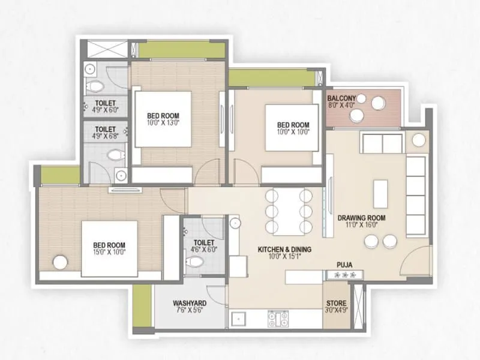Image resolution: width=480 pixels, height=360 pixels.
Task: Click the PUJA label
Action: tap(344, 263)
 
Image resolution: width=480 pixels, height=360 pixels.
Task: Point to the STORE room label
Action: tap(335, 302)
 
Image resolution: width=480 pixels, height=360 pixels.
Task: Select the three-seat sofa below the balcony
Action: tap(382, 143)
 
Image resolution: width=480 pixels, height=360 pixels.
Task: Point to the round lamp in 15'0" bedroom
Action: tap(59, 262)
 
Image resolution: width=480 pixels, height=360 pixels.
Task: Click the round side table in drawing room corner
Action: tap(418, 140)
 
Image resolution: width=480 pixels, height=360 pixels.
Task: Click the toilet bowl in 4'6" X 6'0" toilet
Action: tap(194, 262)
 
